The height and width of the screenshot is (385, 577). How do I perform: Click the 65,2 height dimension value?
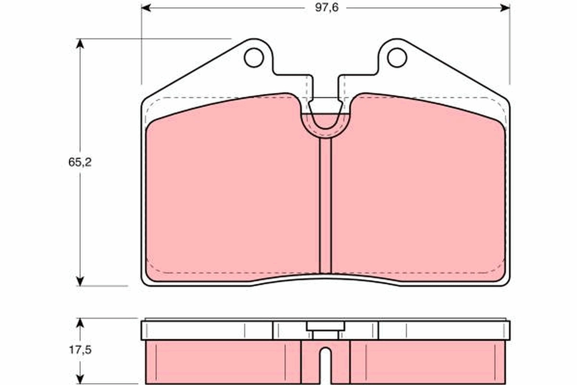coord(79,162)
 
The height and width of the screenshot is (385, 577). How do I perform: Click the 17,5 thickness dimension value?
coord(80,350)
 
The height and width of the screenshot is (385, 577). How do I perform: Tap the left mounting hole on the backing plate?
coord(253,58)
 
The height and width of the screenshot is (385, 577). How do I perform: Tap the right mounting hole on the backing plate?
coord(397,58)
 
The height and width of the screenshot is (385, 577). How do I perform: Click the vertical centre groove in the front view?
coord(326,207)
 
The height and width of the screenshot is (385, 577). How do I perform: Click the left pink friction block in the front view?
coord(231,192)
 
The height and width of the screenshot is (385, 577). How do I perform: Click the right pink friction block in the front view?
coord(418,192)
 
